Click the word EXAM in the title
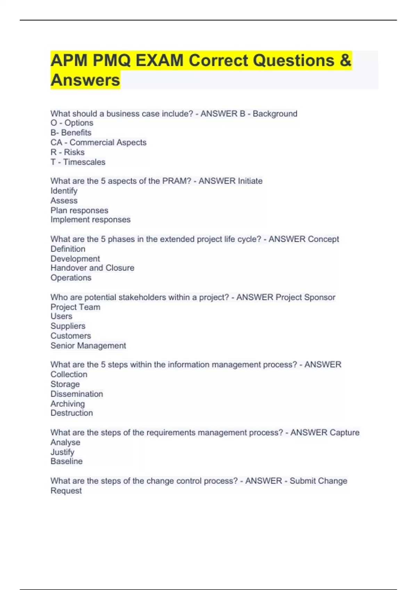coord(159,61)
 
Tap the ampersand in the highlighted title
coord(345,61)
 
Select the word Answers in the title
coord(85,80)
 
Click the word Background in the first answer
coord(275,113)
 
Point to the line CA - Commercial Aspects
coord(98,142)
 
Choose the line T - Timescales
coord(78,162)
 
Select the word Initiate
coord(250,181)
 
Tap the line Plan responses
coord(79,210)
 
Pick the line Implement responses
coord(90,220)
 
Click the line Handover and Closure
coord(92,268)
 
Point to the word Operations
coord(71,278)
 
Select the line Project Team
coord(75,307)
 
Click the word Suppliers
coord(68,326)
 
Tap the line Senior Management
coord(88,346)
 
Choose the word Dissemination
coord(76,394)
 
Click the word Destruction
coord(72,413)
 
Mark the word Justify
coord(62,452)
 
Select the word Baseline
coord(66,461)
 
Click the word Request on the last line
coord(66,491)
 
